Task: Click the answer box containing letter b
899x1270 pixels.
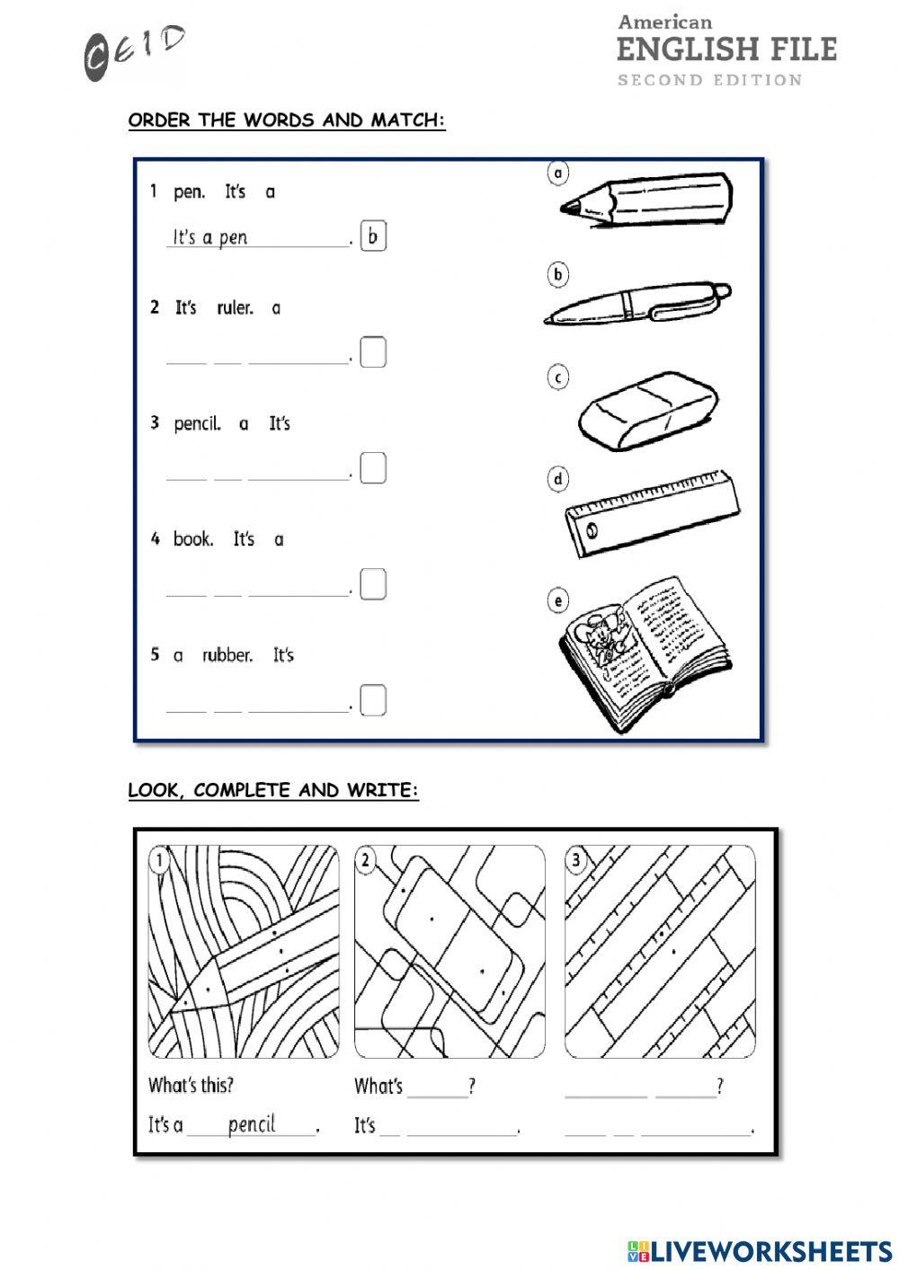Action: coord(373,236)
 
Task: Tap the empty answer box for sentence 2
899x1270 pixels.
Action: coord(373,351)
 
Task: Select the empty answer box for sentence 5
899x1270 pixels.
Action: coord(373,699)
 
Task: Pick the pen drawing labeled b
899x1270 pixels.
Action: coord(638,304)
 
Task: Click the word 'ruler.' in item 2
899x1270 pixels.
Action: coord(236,308)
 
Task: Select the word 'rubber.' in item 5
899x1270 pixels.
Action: coord(227,655)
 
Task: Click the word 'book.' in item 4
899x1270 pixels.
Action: coord(193,539)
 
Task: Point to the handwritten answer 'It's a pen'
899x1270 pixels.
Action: coord(210,237)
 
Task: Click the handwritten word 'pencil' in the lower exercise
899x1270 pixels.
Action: coord(252,1124)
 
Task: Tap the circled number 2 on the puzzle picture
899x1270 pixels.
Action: coord(366,861)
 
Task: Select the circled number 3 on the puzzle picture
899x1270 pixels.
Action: coord(576,861)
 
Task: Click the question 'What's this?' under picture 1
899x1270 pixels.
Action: coord(191,1086)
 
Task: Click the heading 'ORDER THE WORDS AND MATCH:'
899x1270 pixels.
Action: coord(287,120)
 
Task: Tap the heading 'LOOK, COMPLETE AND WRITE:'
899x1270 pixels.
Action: coord(273,791)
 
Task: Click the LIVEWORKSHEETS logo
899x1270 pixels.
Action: coord(760,1250)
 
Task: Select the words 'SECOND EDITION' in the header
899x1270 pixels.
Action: coord(709,80)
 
